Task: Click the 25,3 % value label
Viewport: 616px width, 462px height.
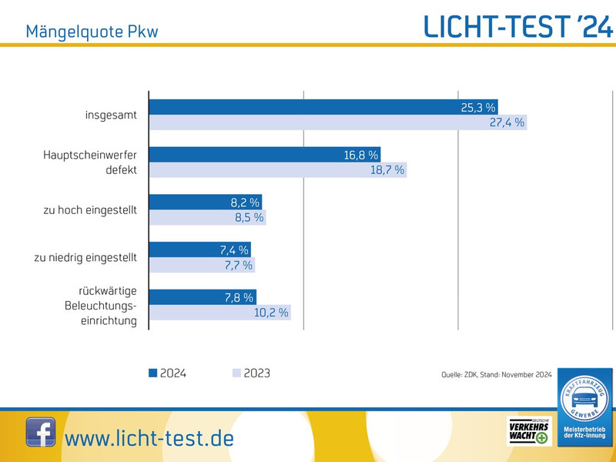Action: coord(478,108)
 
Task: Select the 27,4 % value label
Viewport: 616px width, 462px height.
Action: coord(507,122)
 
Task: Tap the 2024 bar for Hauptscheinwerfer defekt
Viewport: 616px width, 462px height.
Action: coord(264,156)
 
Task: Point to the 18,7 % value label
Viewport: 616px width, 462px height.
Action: coord(387,170)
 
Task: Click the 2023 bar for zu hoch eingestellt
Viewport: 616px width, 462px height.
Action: coord(206,218)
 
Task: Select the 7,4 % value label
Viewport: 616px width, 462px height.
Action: coord(232,250)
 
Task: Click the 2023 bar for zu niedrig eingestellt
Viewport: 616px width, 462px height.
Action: coord(201,266)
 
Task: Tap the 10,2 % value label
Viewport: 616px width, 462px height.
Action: coord(271,313)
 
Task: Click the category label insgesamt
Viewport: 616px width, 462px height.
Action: coord(111,115)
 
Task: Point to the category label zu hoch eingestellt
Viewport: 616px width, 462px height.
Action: coord(90,210)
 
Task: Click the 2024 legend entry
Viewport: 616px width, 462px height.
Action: coord(167,373)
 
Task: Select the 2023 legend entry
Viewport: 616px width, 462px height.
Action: coord(251,373)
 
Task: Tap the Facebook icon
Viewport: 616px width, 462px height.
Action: coord(41,433)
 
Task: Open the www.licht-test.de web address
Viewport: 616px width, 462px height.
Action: coord(149,438)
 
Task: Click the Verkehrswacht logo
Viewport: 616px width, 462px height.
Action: coord(528,432)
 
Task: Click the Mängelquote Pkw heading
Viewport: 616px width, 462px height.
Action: coord(92,32)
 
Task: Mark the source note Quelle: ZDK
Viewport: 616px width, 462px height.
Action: coord(496,375)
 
